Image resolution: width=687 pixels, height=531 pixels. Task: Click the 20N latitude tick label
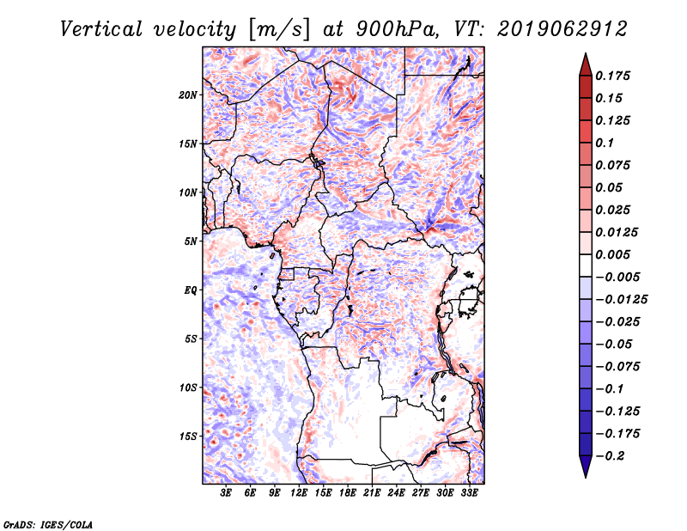coord(188,95)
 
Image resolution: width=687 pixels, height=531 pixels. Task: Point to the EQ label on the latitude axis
coord(190,290)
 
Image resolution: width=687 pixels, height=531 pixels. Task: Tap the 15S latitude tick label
coord(188,436)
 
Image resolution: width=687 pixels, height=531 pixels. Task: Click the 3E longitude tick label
coord(227,494)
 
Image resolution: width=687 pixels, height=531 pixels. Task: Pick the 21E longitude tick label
coord(372,494)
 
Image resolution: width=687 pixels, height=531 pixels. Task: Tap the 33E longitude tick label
coord(469,494)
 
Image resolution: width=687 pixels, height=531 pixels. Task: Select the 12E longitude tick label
coord(300,494)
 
